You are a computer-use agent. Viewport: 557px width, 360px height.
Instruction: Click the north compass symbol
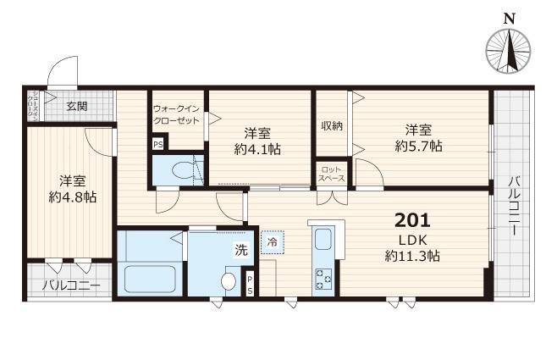pyautogui.click(x=509, y=50)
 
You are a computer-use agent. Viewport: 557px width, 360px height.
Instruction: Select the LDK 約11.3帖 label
pyautogui.click(x=412, y=247)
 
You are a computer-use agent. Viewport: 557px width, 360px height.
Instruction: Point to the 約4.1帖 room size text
pyautogui.click(x=258, y=149)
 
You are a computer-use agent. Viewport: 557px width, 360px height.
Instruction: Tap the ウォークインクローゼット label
pyautogui.click(x=177, y=114)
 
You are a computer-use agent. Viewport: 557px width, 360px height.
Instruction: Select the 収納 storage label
pyautogui.click(x=331, y=126)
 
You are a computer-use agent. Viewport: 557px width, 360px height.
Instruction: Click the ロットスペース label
pyautogui.click(x=331, y=174)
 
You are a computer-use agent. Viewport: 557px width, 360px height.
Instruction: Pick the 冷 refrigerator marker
pyautogui.click(x=273, y=242)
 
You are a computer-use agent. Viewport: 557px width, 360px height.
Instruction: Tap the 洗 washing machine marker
pyautogui.click(x=240, y=250)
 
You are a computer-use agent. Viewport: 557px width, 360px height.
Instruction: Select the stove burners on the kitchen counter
pyautogui.click(x=323, y=276)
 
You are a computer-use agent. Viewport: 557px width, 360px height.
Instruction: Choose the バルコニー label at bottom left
pyautogui.click(x=71, y=285)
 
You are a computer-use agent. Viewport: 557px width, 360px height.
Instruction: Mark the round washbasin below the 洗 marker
pyautogui.click(x=228, y=280)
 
